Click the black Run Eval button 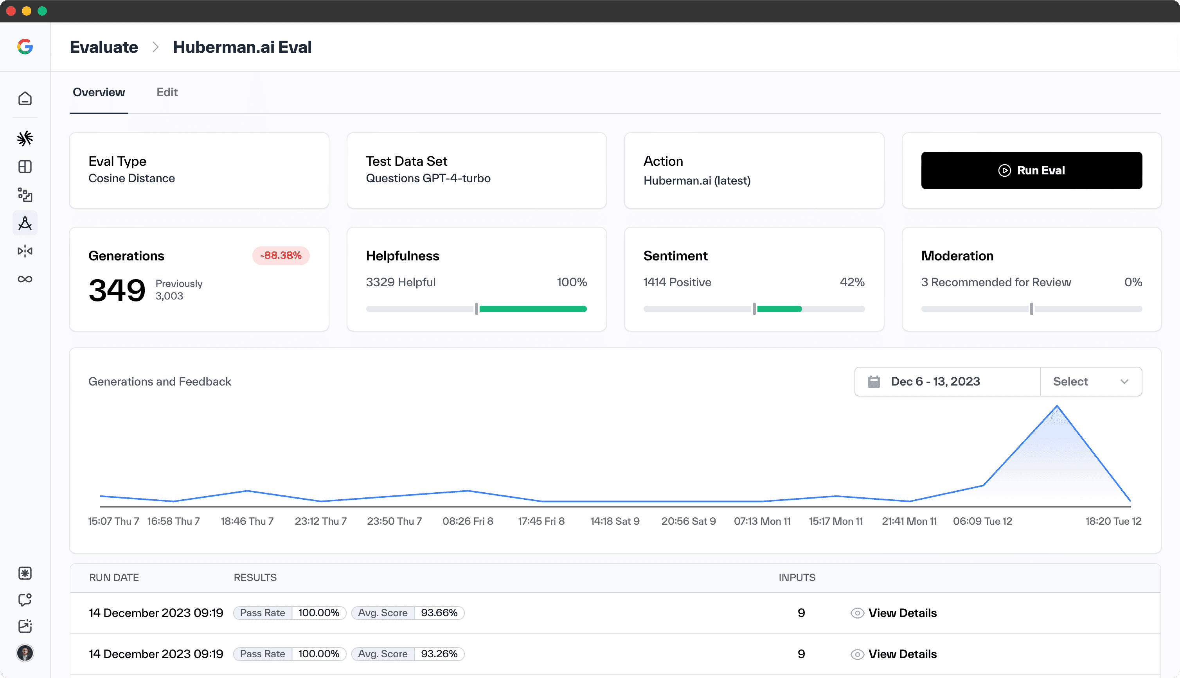tap(1031, 170)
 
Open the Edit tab tap(167, 92)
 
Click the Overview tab tap(99, 92)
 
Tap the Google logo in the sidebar tap(25, 47)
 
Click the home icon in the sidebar tap(25, 98)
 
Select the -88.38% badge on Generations tap(281, 256)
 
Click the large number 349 tap(117, 290)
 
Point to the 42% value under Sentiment tap(852, 282)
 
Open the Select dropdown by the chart tap(1090, 381)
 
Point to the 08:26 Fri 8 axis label tap(467, 521)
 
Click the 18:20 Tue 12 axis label tap(1113, 521)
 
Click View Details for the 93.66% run tap(901, 613)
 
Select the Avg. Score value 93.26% tap(439, 654)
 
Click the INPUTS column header tap(797, 578)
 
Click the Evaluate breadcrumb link tap(104, 47)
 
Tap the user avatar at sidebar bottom tap(25, 653)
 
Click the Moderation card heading tap(957, 256)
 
